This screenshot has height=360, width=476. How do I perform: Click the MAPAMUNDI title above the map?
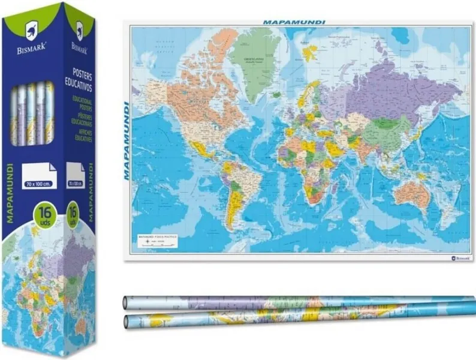coord(294,22)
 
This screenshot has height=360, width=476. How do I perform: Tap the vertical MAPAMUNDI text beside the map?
coord(126,140)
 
